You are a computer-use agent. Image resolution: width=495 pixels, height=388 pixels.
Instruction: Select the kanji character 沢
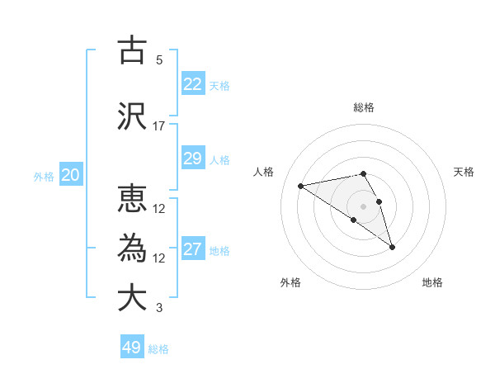tap(132, 116)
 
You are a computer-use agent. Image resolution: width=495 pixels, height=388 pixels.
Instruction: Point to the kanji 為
tap(132, 248)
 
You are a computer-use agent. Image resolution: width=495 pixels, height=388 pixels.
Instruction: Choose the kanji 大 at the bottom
tap(132, 297)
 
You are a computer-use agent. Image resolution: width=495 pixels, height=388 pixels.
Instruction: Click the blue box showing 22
tap(193, 84)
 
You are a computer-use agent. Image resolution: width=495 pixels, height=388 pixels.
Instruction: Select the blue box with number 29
tap(193, 159)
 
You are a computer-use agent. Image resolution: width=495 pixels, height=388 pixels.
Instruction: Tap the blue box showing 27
tap(193, 249)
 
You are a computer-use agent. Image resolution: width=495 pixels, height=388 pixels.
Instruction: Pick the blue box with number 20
tap(71, 175)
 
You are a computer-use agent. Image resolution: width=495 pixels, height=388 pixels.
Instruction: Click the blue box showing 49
tap(132, 348)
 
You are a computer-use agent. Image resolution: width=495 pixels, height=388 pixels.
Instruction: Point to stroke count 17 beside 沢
tap(159, 126)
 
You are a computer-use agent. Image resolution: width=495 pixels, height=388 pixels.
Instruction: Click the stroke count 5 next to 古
tap(159, 60)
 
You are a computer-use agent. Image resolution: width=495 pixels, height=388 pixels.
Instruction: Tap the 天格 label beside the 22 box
tap(219, 85)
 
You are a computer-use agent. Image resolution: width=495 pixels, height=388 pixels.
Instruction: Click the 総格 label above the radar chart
tap(364, 107)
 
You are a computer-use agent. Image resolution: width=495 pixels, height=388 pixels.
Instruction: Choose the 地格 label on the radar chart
tap(432, 283)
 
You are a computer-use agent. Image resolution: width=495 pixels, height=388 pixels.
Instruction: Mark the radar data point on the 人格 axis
tap(301, 185)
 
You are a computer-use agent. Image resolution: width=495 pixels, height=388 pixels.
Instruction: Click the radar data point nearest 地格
tap(392, 247)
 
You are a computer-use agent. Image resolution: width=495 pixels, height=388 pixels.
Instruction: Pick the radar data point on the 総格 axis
tap(363, 174)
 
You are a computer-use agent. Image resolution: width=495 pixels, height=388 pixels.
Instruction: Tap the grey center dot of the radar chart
tap(363, 206)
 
